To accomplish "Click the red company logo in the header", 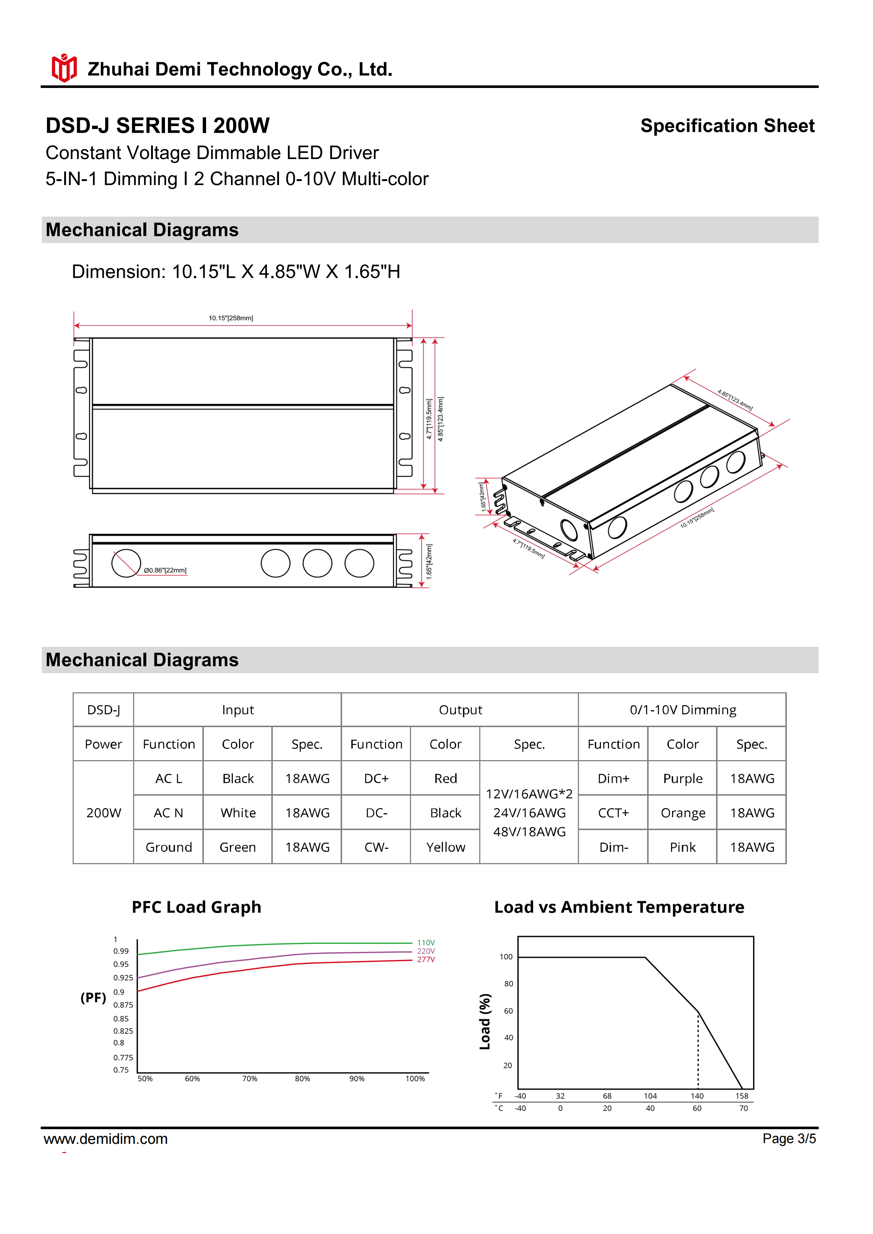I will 64,68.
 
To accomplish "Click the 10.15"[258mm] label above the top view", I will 231,318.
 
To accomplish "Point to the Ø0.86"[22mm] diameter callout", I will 165,570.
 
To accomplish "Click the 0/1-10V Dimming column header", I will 682,710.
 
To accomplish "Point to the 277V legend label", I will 426,959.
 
